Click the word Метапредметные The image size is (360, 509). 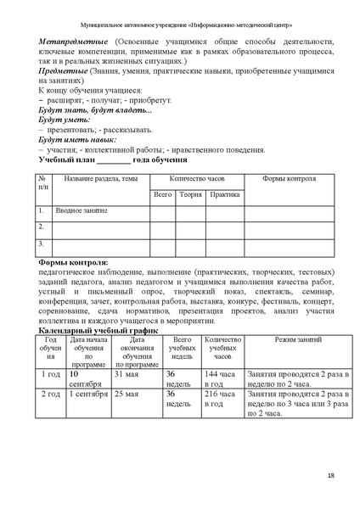[x=71, y=40]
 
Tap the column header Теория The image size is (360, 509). [x=190, y=194]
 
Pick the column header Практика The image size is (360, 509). [x=224, y=194]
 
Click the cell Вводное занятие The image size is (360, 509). [x=82, y=210]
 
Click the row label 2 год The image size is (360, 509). [x=50, y=394]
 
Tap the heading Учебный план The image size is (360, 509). [x=68, y=159]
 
